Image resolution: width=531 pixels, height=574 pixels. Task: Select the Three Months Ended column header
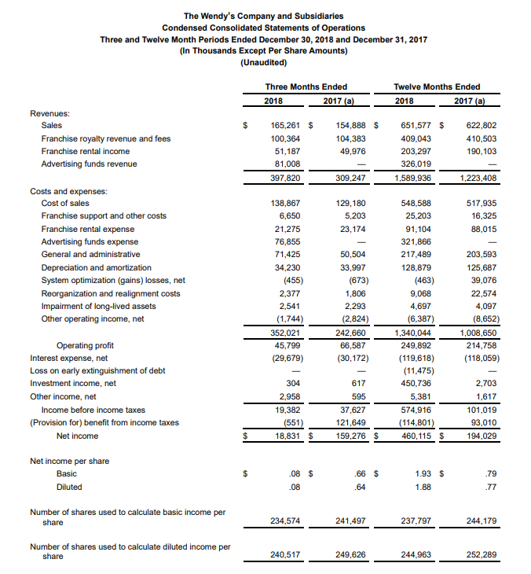click(306, 86)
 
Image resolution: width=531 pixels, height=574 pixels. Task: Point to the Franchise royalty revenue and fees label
click(105, 138)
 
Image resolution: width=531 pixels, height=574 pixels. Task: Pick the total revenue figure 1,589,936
click(415, 178)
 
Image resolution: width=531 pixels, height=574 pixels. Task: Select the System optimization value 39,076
click(481, 280)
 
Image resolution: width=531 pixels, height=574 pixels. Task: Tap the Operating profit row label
click(85, 345)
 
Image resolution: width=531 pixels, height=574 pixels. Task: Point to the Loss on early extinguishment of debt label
click(97, 370)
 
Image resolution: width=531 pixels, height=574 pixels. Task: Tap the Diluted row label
click(69, 487)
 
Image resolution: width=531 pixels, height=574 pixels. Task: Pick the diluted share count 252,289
click(481, 554)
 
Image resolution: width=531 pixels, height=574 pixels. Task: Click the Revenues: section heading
click(49, 113)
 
